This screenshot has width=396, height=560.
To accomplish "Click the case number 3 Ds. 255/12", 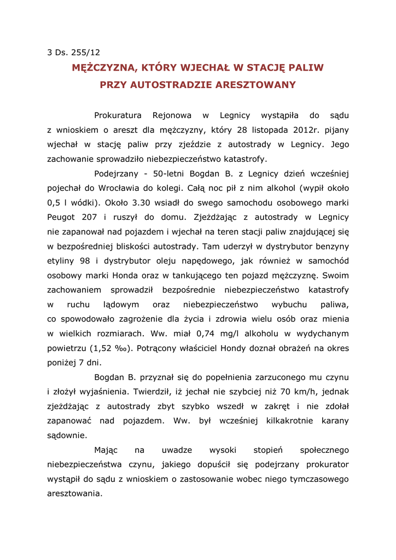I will [74, 52].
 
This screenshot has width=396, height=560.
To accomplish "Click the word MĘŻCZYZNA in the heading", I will [104, 68].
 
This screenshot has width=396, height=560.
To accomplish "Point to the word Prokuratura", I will [118, 115].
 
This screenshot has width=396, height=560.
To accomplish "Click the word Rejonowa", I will [172, 115].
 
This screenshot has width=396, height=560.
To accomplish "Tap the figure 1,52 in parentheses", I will [100, 348].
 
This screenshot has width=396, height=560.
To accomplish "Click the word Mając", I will [106, 450].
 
